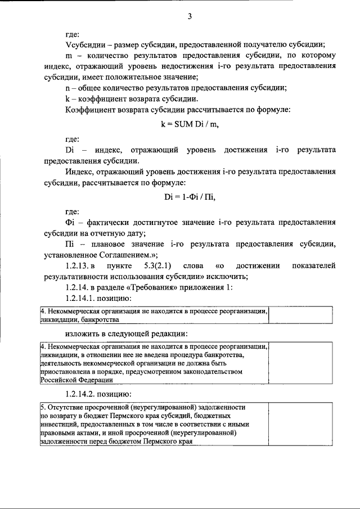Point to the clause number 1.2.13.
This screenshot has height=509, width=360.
79,265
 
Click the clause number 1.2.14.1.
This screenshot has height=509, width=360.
84,298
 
